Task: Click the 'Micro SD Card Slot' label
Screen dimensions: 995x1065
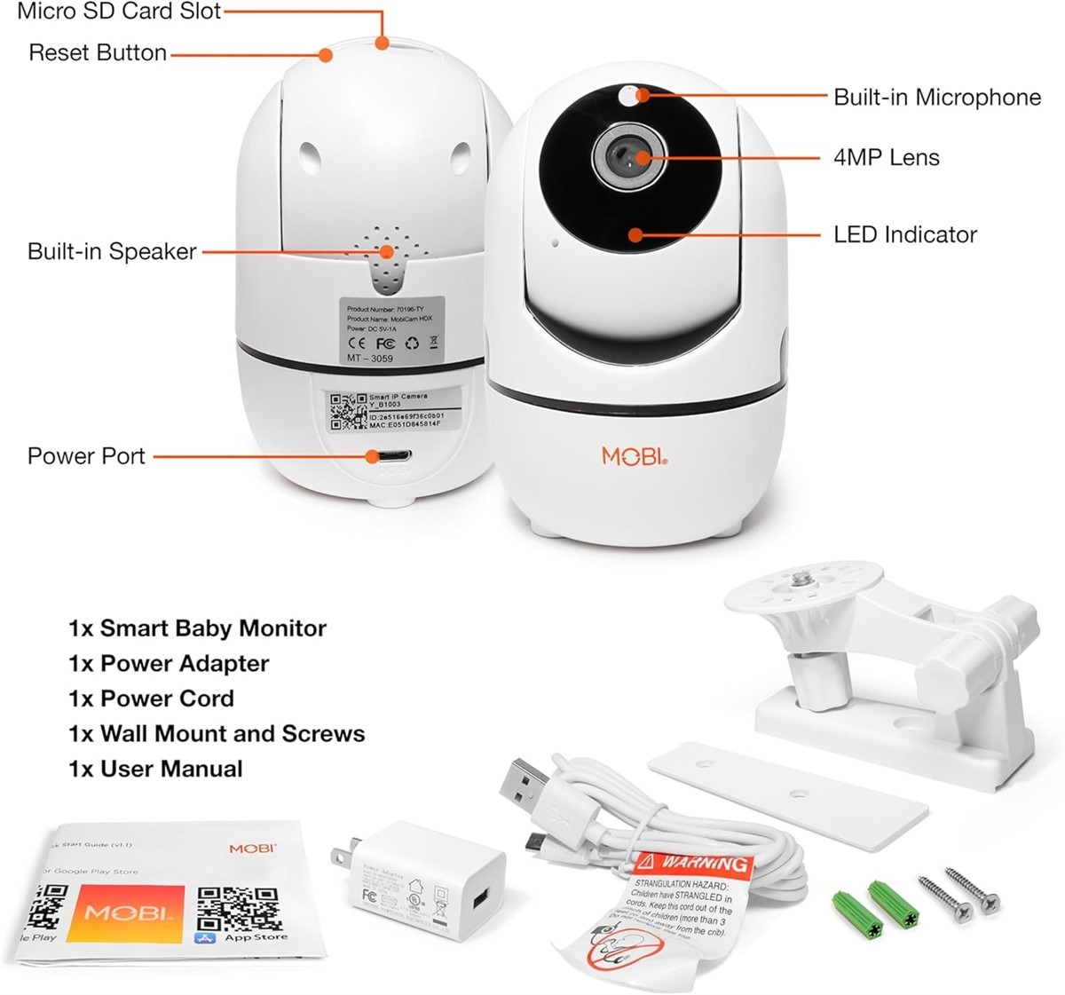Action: tap(119, 12)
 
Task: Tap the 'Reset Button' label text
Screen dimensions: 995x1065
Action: tap(98, 52)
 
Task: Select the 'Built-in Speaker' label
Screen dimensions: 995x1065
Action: tap(112, 251)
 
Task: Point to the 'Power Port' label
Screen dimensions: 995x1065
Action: tap(86, 456)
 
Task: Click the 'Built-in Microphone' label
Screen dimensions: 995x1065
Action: tap(936, 97)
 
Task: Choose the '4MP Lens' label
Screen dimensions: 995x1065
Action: tap(886, 158)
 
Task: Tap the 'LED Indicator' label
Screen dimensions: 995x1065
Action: tap(905, 235)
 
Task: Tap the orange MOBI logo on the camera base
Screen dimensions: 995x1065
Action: tap(634, 456)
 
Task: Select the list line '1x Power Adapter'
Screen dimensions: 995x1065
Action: tap(169, 664)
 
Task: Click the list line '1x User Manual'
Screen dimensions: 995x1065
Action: tap(155, 769)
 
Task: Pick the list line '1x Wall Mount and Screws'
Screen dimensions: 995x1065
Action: tap(217, 734)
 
